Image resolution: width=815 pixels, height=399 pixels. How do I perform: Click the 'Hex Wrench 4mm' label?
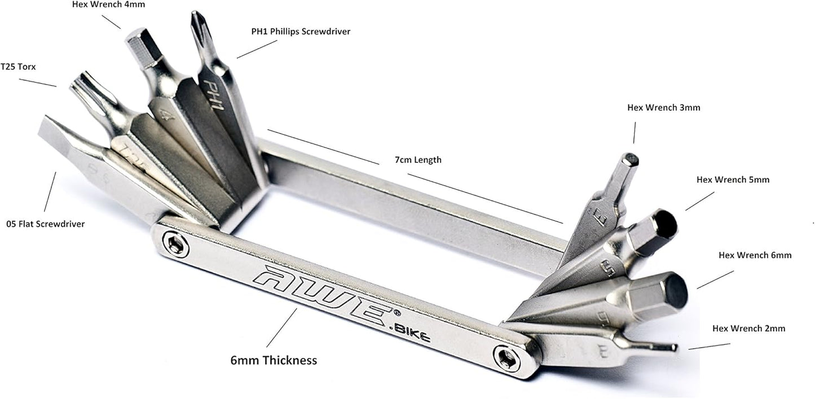tap(108, 5)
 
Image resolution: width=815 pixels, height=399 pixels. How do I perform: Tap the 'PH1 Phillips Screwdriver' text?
tap(301, 32)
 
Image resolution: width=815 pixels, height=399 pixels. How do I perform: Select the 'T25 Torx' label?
tap(18, 67)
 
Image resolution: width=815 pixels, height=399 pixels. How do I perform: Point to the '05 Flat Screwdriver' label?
tap(46, 224)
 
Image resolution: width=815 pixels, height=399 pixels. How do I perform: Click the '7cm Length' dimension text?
tap(418, 160)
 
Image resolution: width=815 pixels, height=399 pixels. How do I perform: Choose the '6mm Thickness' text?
tap(274, 361)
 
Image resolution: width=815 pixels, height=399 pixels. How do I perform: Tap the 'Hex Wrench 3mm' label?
tap(664, 108)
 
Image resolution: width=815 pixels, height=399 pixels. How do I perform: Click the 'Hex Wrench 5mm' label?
tap(733, 180)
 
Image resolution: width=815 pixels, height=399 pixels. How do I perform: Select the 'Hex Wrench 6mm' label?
tap(755, 255)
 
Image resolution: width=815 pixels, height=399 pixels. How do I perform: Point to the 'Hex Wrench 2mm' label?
tap(749, 328)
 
